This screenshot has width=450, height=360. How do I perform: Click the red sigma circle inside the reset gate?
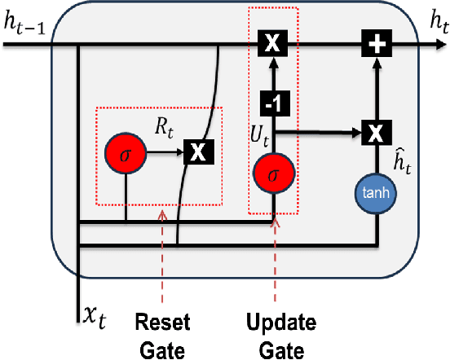click(x=125, y=152)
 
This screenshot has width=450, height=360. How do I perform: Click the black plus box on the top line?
click(x=377, y=45)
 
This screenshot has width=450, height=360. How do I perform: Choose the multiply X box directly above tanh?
click(x=377, y=131)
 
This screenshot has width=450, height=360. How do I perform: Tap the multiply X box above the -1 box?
click(x=273, y=45)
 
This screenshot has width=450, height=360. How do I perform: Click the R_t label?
click(x=166, y=125)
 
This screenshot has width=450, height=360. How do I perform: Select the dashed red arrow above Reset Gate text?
click(x=164, y=261)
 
